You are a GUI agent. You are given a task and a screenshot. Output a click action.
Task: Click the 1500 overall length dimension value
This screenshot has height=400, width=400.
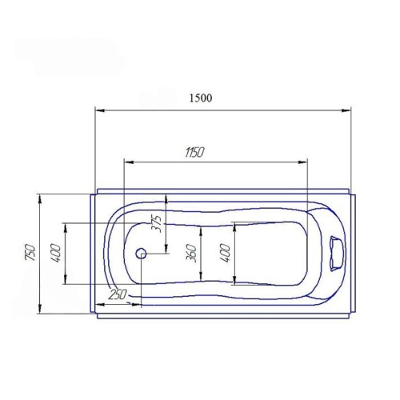point(201,98)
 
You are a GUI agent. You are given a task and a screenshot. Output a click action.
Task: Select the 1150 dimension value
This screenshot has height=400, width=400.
point(194,153)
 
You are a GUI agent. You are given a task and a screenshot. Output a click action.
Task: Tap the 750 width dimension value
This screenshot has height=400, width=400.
point(30,252)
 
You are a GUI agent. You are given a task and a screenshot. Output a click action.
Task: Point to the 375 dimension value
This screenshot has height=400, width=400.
point(157,224)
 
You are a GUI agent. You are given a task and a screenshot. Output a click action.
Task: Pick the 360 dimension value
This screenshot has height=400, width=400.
point(191,254)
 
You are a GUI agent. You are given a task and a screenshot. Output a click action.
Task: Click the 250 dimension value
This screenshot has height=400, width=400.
point(118,294)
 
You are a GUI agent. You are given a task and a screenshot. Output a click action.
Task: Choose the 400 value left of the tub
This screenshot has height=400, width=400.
point(56,253)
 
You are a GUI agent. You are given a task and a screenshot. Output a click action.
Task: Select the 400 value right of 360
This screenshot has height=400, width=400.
point(225,253)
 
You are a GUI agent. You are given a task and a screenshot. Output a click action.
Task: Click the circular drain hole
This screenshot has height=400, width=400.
point(141,254)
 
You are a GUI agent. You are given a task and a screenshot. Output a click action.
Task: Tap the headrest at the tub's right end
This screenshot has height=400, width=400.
point(338,254)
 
